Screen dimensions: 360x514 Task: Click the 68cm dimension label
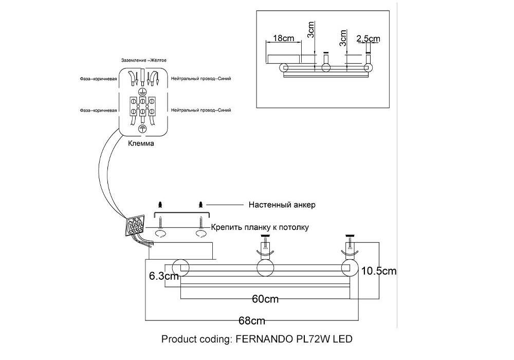tap(252, 321)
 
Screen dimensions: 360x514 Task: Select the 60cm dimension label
tap(265, 299)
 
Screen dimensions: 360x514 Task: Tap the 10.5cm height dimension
tap(379, 271)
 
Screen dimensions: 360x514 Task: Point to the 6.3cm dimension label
tap(163, 276)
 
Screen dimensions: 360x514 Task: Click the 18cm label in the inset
tap(284, 38)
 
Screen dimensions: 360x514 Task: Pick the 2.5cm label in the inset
tap(368, 39)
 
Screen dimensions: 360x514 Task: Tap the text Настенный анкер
tap(282, 205)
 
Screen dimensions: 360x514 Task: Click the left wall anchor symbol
tap(161, 204)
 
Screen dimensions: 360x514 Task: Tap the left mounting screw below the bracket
tap(161, 222)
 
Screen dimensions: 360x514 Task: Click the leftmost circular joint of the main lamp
tap(181, 268)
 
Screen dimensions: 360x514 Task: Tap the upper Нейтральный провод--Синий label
tap(201, 79)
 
